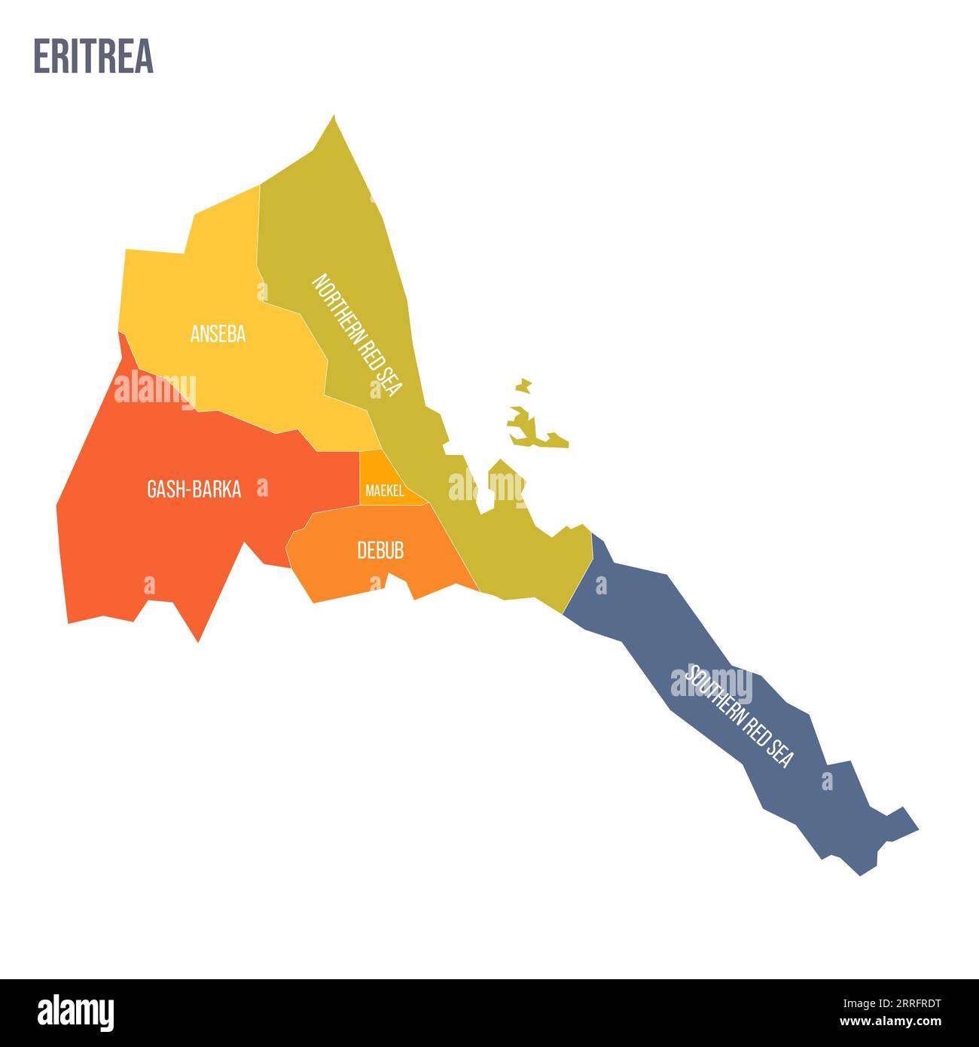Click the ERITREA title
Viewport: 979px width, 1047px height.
point(93,56)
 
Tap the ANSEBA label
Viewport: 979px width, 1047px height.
point(218,334)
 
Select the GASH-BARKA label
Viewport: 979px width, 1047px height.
point(194,490)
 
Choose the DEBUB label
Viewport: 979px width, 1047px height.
point(380,551)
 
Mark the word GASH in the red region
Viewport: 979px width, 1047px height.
point(163,490)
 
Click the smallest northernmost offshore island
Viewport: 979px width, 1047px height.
point(524,386)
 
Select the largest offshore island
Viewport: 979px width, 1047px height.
point(531,429)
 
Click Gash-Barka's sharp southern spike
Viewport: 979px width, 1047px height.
point(198,640)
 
